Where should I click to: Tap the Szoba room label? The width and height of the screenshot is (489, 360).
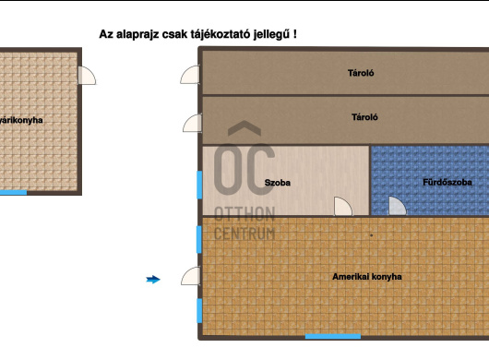(x=277, y=183)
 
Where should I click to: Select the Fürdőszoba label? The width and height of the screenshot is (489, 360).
(x=447, y=183)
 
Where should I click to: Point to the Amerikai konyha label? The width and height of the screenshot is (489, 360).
(x=366, y=276)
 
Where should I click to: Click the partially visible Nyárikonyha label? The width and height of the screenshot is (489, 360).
(x=20, y=120)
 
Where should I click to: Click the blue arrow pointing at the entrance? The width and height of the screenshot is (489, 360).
(x=153, y=279)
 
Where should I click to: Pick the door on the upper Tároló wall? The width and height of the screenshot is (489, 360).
(x=190, y=76)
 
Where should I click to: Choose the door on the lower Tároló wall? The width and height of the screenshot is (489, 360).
(x=192, y=123)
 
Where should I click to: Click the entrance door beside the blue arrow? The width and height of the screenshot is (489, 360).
(x=191, y=276)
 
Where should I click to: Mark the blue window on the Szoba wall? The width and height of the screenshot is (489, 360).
(x=198, y=184)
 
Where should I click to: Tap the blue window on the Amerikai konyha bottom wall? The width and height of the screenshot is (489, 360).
(x=333, y=336)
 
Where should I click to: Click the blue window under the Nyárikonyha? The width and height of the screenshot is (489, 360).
(x=14, y=192)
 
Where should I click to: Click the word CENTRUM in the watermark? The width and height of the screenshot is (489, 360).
(x=244, y=234)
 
